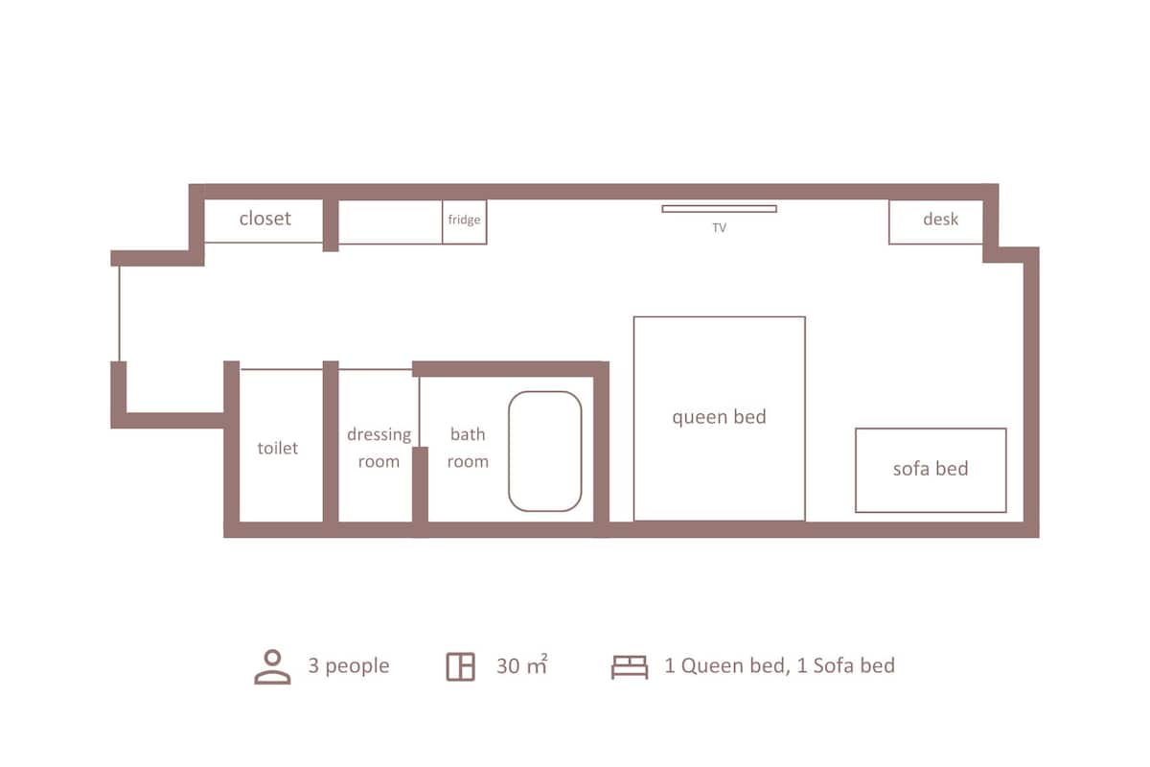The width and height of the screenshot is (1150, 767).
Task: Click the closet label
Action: coord(264,219)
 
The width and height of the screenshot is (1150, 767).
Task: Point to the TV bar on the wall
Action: coord(719,209)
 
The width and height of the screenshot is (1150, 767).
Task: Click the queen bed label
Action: coord(719,417)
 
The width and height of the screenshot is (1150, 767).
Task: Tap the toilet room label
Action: coord(277,448)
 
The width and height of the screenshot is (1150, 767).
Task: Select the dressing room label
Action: coord(379,448)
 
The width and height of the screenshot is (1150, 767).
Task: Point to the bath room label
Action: coord(468,448)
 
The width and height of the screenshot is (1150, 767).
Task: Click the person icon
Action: coord(272,667)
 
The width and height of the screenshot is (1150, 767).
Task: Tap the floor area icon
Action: coord(461,667)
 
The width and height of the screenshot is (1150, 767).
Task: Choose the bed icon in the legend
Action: coord(630,667)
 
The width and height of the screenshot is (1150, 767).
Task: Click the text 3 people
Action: coord(349,666)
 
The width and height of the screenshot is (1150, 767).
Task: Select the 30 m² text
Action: coord(522,664)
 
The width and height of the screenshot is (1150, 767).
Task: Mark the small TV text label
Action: coord(720,227)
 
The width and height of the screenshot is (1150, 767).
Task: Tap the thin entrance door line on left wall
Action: coord(119,314)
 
